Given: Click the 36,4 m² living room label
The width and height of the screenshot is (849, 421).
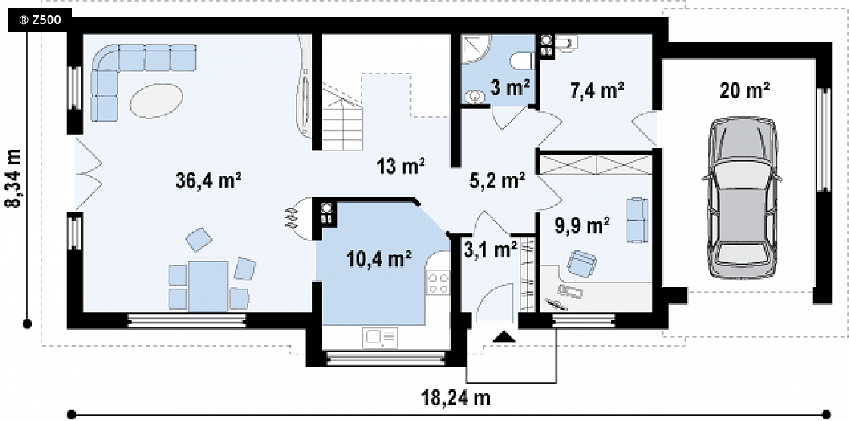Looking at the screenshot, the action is pos(208,181).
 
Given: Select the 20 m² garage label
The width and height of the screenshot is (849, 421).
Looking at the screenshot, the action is pos(745,91).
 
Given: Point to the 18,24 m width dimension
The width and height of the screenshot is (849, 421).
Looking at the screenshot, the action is pos(456,398).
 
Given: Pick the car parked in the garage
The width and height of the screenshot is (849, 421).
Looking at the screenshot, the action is pos(742,197).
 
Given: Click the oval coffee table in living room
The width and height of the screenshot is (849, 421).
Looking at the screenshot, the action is pos(156,100).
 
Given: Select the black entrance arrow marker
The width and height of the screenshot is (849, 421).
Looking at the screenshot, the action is pos(504,336).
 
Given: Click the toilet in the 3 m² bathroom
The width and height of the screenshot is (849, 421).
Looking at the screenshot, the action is pos(524,60).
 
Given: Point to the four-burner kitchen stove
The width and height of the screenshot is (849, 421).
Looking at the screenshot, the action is pos(439,283).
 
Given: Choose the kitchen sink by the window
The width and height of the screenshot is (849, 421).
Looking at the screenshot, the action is pos(381,338).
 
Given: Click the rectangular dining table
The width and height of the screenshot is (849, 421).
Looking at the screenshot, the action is pos(208,286).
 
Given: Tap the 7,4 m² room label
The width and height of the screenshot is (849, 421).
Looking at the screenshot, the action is pos(597,91).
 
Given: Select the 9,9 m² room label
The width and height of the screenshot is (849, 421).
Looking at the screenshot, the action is pos(583,224).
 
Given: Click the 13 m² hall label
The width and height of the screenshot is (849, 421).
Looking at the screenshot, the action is pos(401,166).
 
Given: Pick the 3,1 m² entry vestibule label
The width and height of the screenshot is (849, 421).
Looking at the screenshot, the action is pos(490,249).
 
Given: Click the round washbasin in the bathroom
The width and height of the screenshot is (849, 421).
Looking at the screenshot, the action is pos(475,97).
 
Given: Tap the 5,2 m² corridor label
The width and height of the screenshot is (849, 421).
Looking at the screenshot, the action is pos(498,181).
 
